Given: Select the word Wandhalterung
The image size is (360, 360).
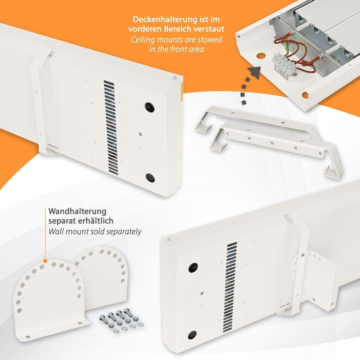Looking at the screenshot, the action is point(77,211).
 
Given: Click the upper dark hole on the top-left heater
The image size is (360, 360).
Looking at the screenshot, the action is point(149,107).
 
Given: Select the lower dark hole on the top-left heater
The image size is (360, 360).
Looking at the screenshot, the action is point(150,178).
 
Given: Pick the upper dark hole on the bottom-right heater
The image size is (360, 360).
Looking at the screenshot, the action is point(193,268).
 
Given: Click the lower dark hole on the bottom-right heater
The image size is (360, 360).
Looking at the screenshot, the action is point(192,335).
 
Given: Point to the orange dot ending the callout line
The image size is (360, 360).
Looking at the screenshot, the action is point(45,261).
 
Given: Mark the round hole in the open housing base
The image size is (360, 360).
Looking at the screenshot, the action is point(260,56).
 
